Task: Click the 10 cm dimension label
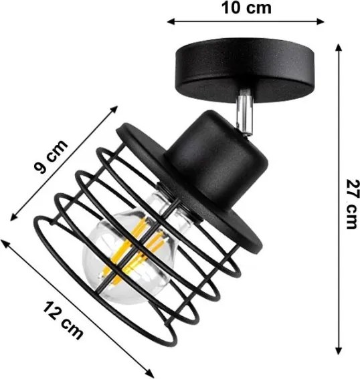246,8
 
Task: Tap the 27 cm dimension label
352,205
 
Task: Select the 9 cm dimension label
51,156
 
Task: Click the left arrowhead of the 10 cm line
171,21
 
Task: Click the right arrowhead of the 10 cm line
320,21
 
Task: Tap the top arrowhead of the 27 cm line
339,47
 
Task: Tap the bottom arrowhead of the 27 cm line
339,350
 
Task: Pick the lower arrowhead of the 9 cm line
13,217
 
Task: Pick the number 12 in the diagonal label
53,311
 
